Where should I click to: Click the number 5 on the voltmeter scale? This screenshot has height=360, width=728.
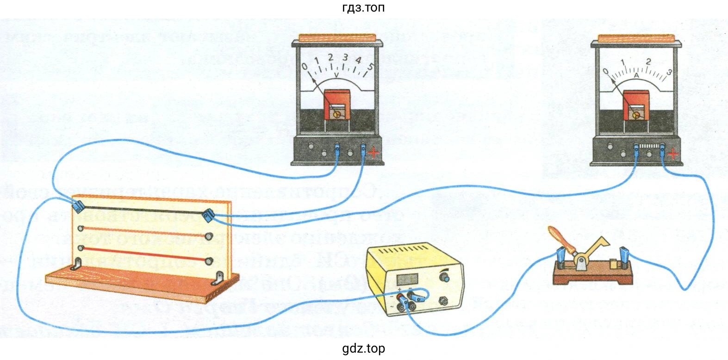[370, 66]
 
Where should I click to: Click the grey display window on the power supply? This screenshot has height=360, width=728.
[407, 279]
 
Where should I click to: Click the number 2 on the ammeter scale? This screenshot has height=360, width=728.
[648, 62]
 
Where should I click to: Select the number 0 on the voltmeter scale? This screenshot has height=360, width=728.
[305, 68]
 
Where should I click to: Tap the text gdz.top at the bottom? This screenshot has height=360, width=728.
[363, 348]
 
